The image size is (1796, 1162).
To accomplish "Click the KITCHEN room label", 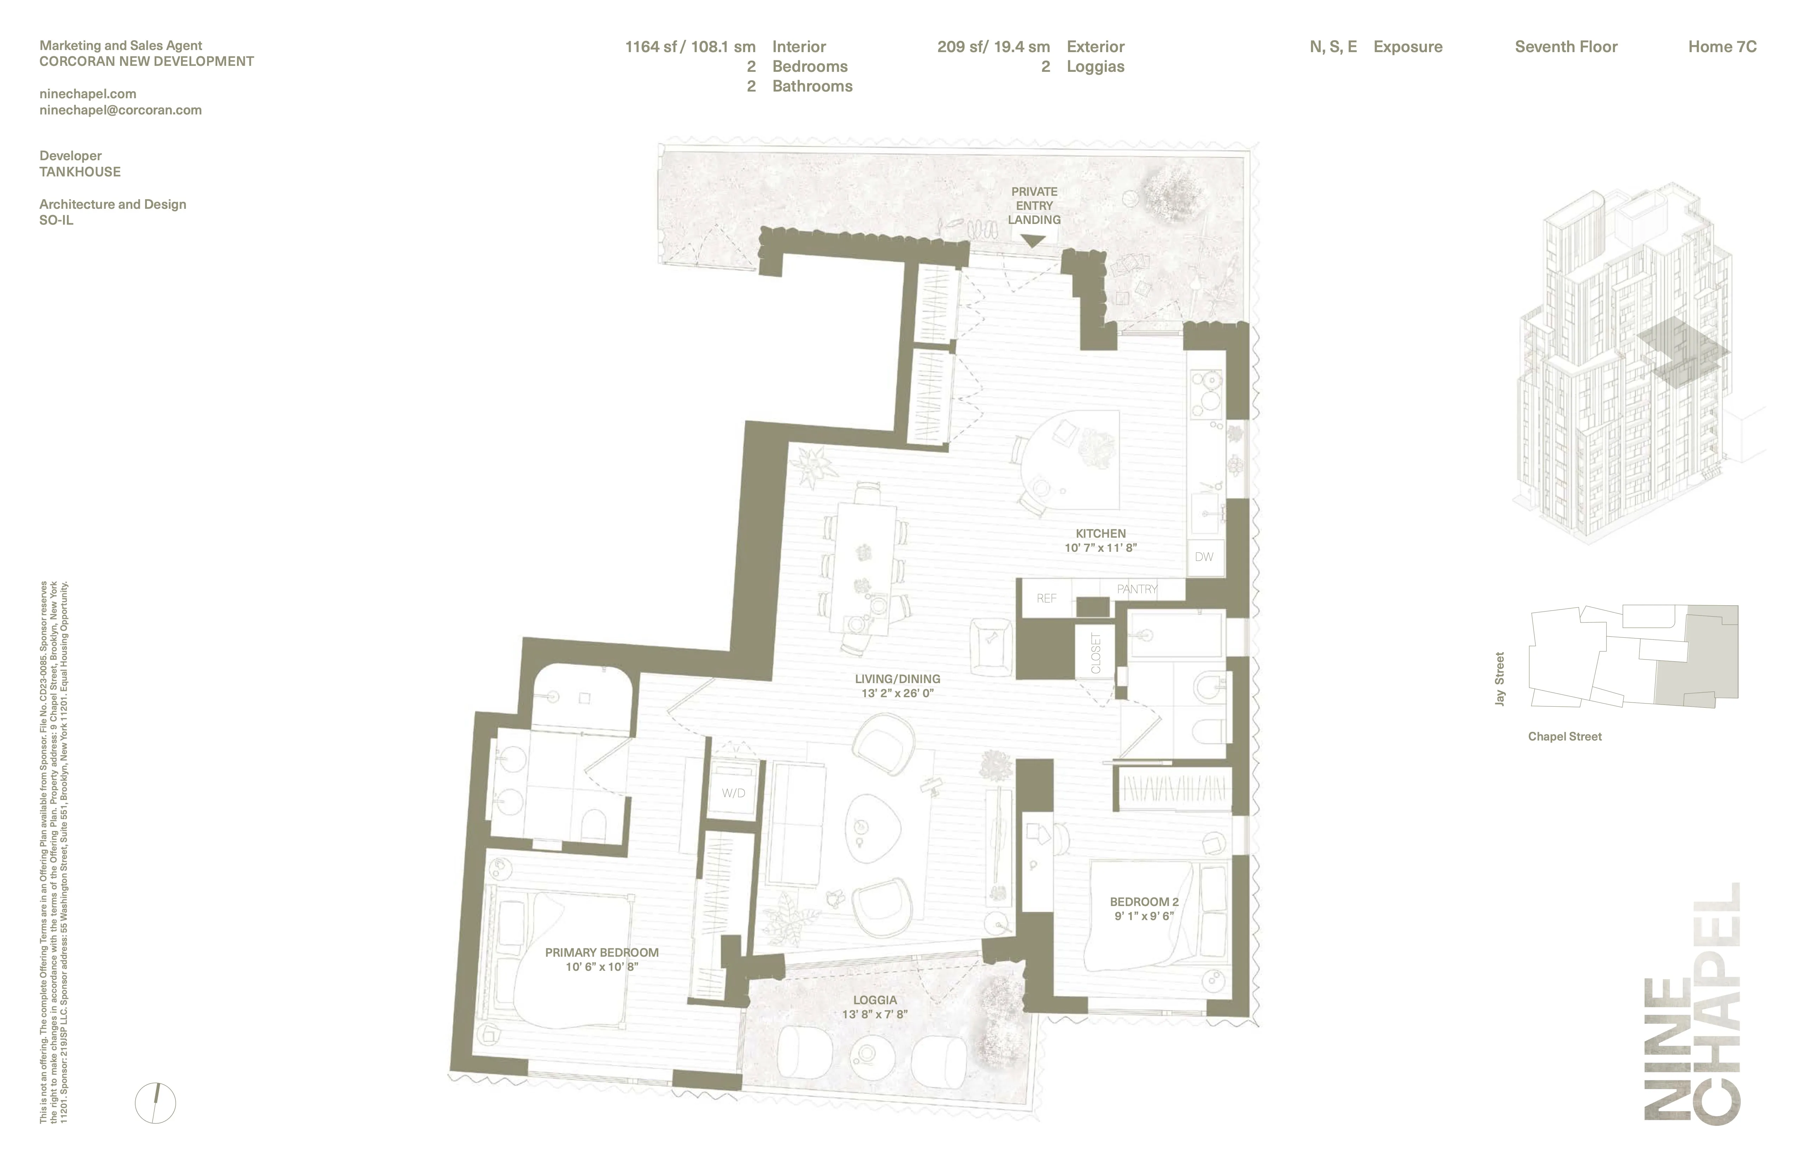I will [x=1100, y=533].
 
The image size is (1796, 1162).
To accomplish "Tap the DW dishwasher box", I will [x=1204, y=557].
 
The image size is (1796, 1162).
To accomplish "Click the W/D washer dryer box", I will [x=733, y=793].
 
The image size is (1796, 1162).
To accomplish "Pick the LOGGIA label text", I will [x=875, y=1000].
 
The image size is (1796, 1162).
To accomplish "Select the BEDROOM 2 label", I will [x=1144, y=902].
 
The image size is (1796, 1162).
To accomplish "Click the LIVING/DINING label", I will [x=897, y=678].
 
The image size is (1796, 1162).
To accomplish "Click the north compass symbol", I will [x=155, y=1103].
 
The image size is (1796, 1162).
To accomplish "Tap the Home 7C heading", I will [x=1722, y=47].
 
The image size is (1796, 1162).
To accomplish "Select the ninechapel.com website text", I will [x=88, y=94].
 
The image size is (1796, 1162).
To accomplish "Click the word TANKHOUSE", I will [x=80, y=172].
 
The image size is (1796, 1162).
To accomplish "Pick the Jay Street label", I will [x=1499, y=678].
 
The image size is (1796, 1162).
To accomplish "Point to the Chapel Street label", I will [x=1564, y=736].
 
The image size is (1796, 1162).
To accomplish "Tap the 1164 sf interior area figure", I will [x=690, y=47].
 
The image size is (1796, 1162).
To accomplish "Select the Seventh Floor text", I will [x=1566, y=47].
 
